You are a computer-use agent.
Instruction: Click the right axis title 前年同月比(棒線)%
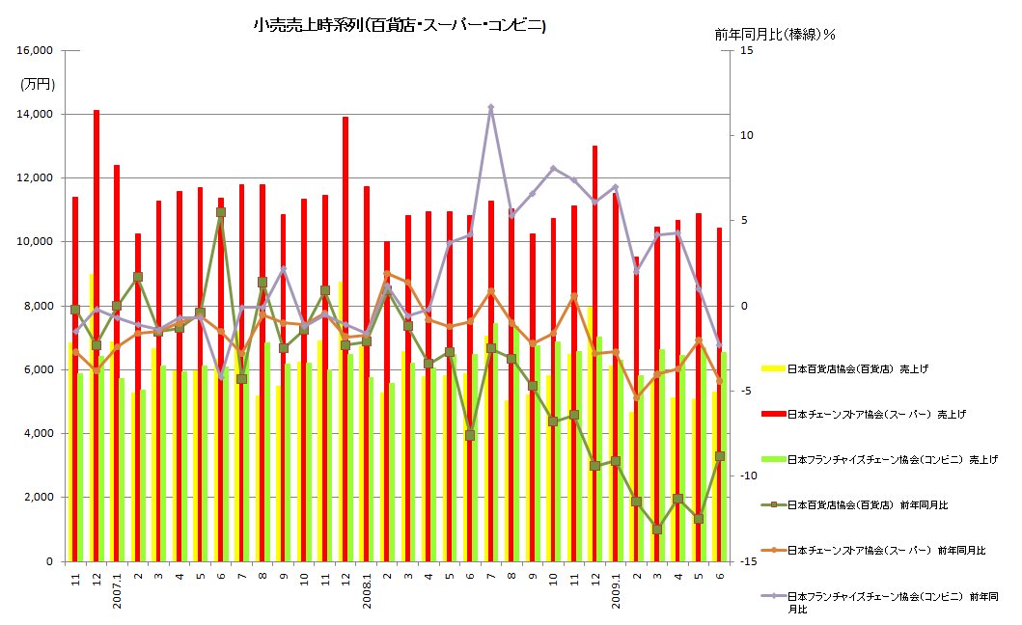(x=774, y=34)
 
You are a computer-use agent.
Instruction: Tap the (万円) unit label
(x=38, y=84)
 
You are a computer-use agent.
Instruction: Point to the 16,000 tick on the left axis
(x=36, y=50)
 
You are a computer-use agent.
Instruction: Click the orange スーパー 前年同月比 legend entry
(x=883, y=550)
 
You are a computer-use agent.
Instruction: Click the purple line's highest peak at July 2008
(x=490, y=108)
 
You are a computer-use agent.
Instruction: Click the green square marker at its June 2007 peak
(x=221, y=212)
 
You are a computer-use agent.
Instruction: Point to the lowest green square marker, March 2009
(x=656, y=529)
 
